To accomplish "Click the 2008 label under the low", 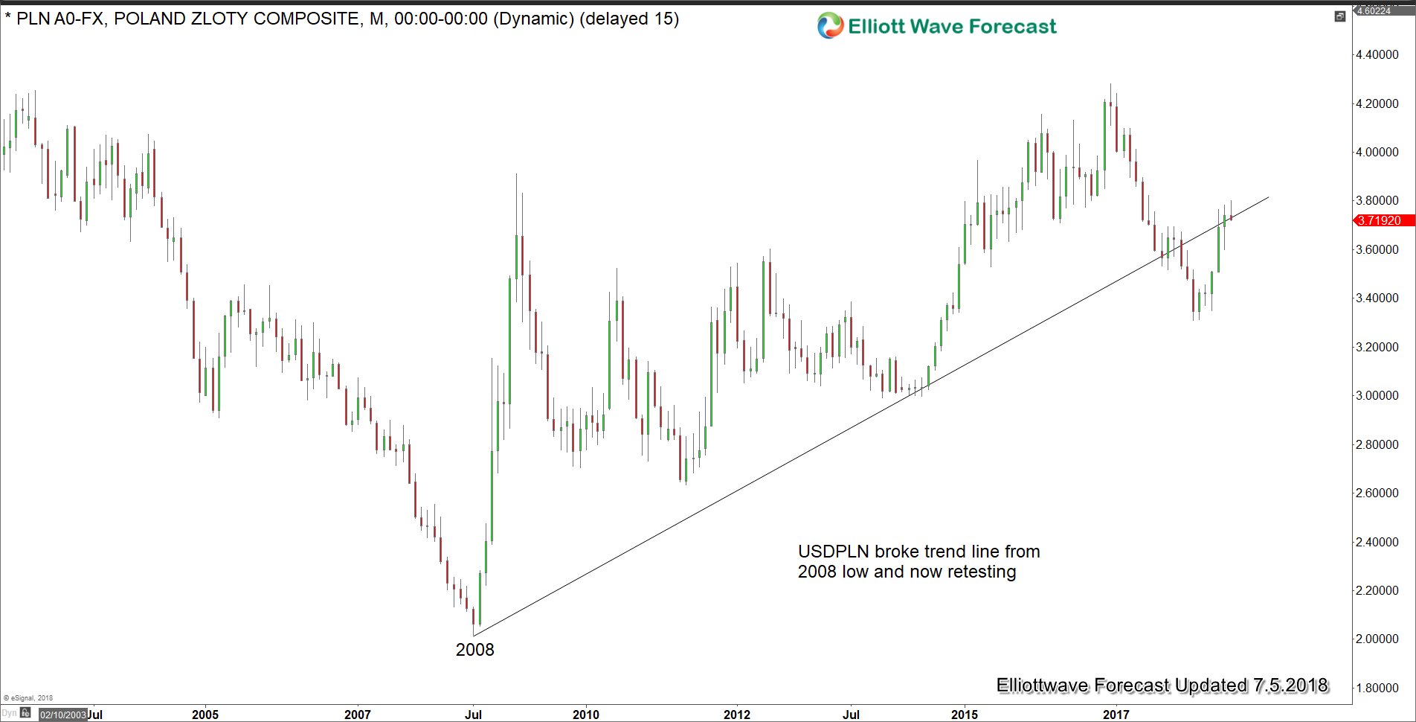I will [x=474, y=650].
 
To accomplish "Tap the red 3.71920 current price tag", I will [x=1378, y=220].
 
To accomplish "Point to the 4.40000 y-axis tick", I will [x=1377, y=54].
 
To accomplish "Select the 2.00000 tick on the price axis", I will [x=1377, y=639].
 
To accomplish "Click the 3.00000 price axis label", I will [x=1377, y=395].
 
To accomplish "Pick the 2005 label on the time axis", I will [x=205, y=715].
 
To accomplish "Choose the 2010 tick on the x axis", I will [x=585, y=715].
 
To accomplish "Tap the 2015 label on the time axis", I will [x=965, y=715].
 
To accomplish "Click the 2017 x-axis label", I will [x=1116, y=715].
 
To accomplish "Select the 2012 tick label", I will [x=737, y=715].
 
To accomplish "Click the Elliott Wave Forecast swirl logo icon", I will [x=830, y=26].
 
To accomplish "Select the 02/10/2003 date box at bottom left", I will [x=62, y=715].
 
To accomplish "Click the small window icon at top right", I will [x=1339, y=16].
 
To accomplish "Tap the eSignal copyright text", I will [x=28, y=698].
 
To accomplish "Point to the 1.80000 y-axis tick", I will [x=1377, y=688].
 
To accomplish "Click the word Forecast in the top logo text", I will [x=1012, y=27].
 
